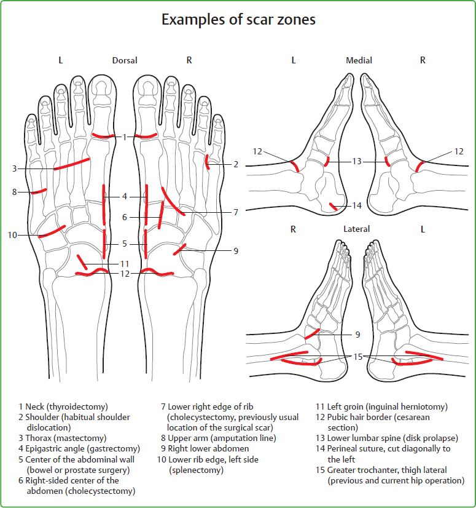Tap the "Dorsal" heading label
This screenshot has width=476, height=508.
125,60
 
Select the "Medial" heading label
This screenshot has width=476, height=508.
359,60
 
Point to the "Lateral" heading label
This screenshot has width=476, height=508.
357,229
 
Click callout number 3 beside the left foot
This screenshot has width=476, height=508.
14,169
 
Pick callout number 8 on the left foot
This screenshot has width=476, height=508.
14,192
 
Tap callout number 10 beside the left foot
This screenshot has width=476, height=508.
12,234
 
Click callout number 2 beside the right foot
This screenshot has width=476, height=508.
235,164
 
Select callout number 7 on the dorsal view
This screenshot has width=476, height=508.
235,212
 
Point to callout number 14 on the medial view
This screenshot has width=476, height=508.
357,205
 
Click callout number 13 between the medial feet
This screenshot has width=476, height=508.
357,162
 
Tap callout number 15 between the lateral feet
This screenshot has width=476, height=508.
357,357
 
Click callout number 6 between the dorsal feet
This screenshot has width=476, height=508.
124,217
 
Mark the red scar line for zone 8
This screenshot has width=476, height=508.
39,191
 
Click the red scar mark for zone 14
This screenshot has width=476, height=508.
333,207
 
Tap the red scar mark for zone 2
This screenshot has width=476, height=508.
208,162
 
